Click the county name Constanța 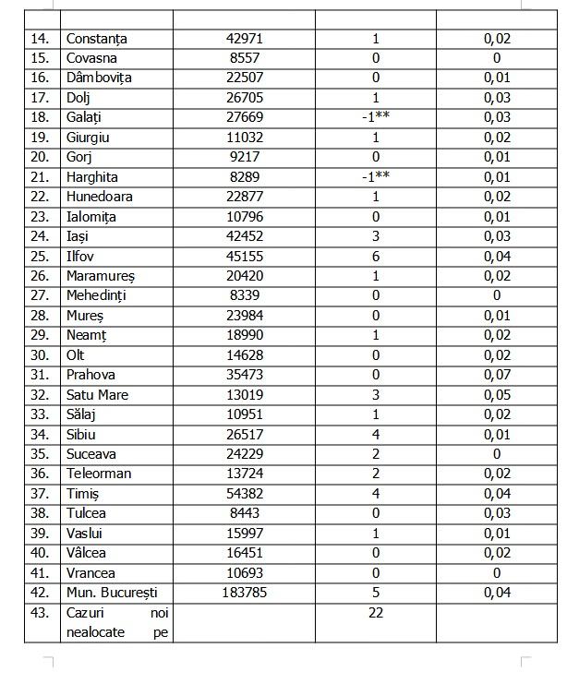click(96, 39)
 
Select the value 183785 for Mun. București click(245, 593)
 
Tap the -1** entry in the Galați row click(376, 117)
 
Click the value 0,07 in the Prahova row click(497, 375)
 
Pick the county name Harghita click(91, 176)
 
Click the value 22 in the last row click(376, 612)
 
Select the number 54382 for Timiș click(245, 494)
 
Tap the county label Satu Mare click(97, 395)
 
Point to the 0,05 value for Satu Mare click(497, 395)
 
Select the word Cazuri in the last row click(86, 612)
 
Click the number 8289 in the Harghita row click(245, 176)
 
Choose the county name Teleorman click(99, 474)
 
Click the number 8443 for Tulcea click(245, 513)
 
